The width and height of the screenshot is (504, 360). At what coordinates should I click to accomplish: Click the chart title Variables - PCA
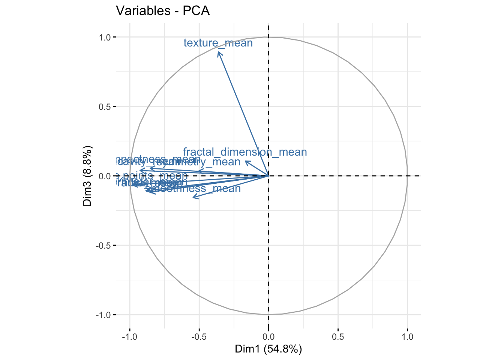click(x=163, y=10)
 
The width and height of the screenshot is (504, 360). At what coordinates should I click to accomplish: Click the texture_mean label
click(x=218, y=43)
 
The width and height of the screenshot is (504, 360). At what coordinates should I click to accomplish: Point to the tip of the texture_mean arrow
click(x=218, y=52)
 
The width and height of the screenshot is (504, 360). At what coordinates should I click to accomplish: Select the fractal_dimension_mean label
click(x=245, y=152)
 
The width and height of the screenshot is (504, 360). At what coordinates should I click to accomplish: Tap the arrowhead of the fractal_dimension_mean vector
click(x=245, y=161)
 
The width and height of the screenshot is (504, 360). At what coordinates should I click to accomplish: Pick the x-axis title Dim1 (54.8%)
click(x=268, y=349)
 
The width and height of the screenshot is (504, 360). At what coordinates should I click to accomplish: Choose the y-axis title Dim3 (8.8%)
click(x=87, y=176)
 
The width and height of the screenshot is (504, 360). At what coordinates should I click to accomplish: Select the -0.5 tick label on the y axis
click(x=103, y=245)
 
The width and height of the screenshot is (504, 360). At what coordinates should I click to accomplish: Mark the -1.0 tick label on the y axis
click(x=103, y=315)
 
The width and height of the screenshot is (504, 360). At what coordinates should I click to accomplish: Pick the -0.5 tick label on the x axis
click(x=198, y=336)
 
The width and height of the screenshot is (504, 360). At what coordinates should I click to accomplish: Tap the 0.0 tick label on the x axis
click(x=268, y=336)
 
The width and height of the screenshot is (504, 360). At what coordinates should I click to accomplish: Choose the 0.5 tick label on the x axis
click(x=338, y=336)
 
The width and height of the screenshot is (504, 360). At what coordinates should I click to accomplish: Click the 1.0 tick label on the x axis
click(x=407, y=336)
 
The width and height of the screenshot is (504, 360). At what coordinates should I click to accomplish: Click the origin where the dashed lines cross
click(x=268, y=175)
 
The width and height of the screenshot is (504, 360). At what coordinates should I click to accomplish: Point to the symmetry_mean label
click(x=210, y=162)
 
